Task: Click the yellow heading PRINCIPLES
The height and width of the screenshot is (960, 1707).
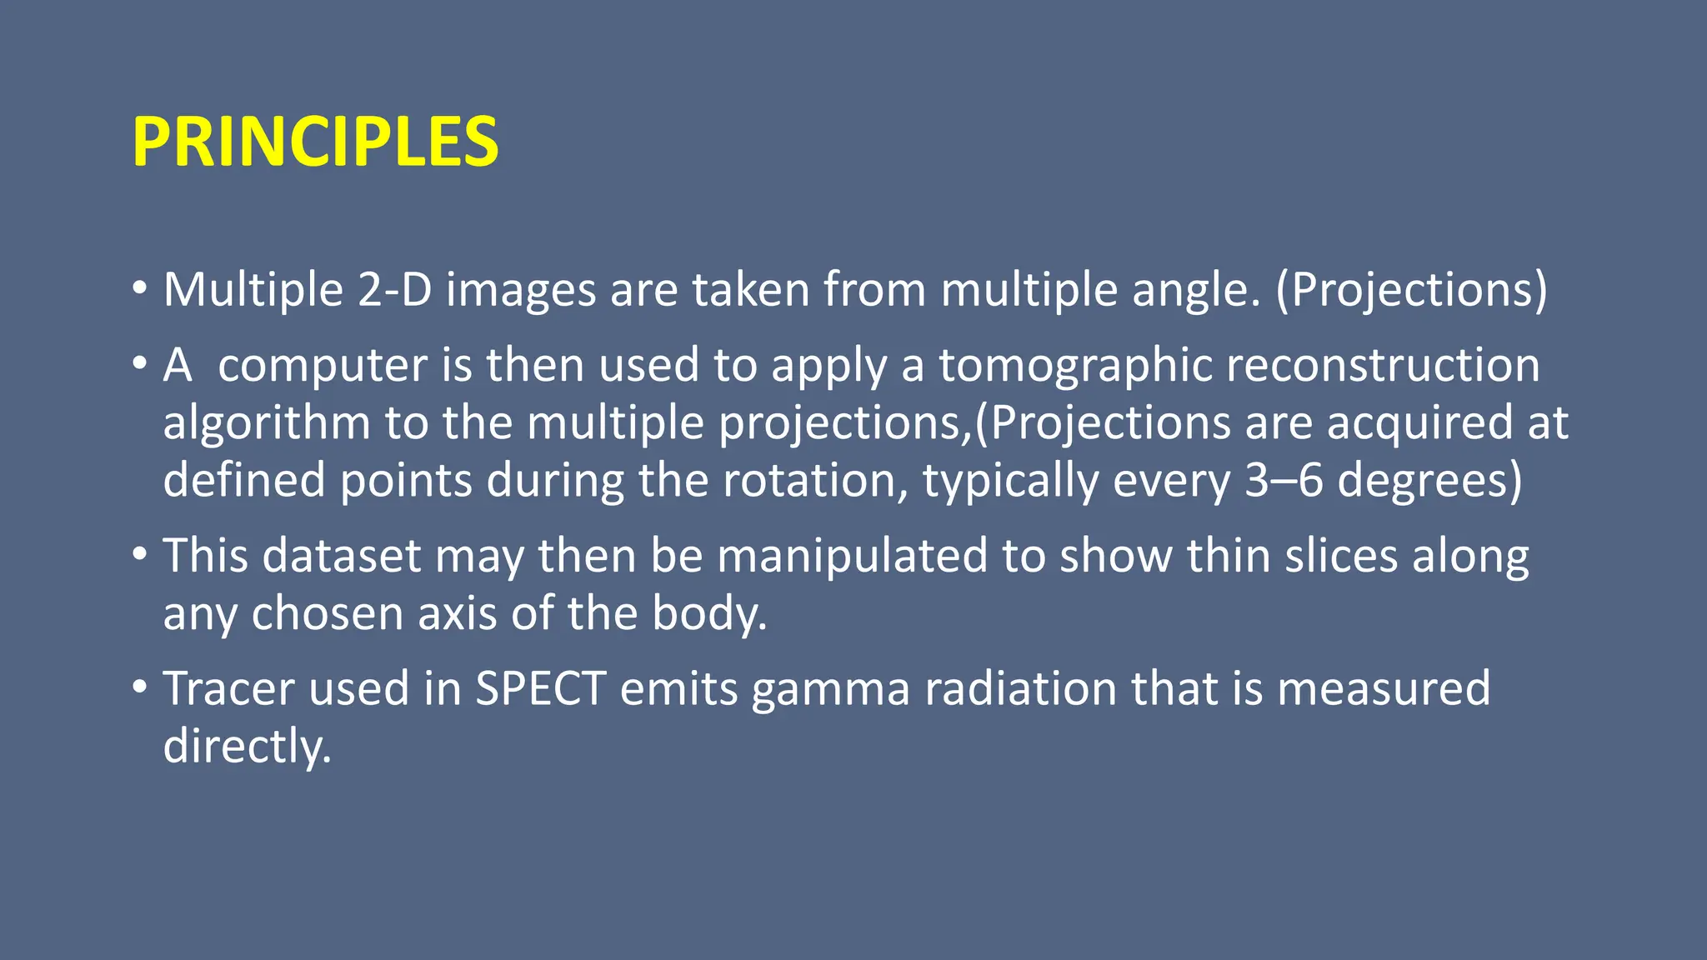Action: click(315, 142)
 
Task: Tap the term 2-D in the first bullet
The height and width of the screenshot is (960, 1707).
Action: click(394, 290)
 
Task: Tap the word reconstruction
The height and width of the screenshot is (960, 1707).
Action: click(1383, 365)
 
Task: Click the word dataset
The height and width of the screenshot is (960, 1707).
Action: click(342, 556)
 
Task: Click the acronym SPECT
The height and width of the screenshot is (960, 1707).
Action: click(540, 688)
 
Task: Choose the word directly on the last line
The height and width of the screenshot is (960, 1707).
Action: click(247, 746)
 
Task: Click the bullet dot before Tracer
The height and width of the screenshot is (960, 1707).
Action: click(140, 687)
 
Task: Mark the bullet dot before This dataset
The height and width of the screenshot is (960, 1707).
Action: click(140, 555)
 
